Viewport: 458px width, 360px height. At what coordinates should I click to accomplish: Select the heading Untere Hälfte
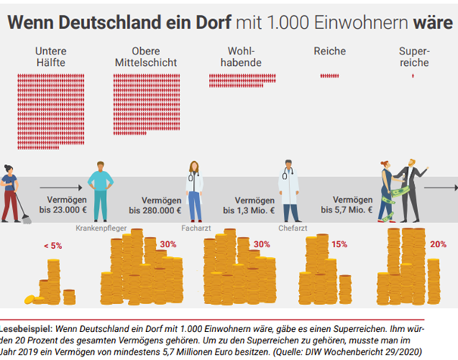point(50,57)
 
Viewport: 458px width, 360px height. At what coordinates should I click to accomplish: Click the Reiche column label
point(330,51)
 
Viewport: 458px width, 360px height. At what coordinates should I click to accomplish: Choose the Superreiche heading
point(413,57)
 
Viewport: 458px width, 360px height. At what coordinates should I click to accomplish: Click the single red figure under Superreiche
point(413,76)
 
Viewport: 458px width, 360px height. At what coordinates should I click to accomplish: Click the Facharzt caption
point(195,227)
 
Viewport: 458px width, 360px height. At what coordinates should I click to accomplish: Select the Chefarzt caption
point(291,227)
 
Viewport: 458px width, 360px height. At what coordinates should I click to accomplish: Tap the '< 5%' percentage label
point(52,247)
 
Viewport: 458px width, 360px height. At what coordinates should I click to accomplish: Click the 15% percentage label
point(338,244)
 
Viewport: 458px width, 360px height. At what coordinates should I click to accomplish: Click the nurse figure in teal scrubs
point(100,189)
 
